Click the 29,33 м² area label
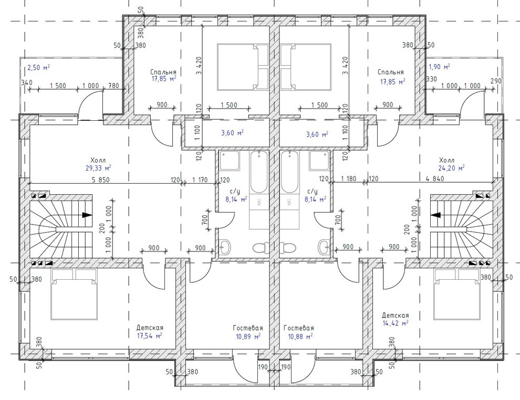click(98, 168)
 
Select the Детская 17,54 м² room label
click(150, 332)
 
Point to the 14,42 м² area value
click(396, 323)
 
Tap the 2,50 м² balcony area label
click(38, 68)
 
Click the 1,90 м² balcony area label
click(440, 67)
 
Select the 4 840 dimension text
click(435, 178)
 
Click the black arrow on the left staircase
click(87, 215)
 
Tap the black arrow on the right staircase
click(436, 215)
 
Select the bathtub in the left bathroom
click(258, 172)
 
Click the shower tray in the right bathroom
click(320, 161)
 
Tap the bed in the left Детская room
click(74, 294)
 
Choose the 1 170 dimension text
click(200, 180)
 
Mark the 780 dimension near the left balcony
click(113, 86)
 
